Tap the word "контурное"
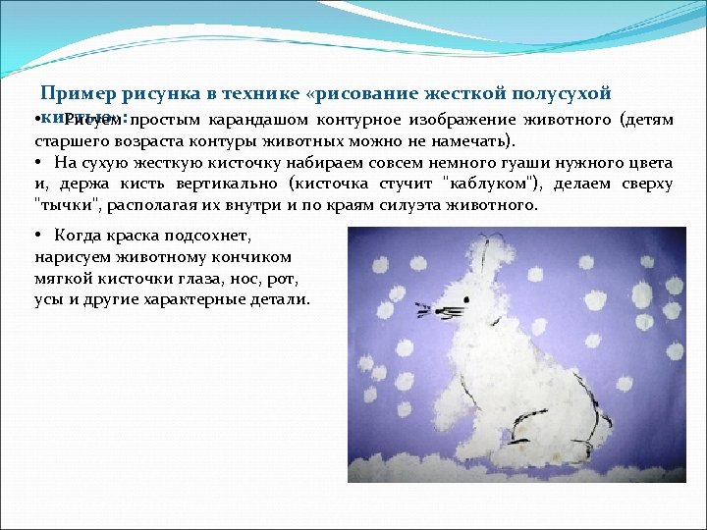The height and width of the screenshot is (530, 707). click(359, 121)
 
